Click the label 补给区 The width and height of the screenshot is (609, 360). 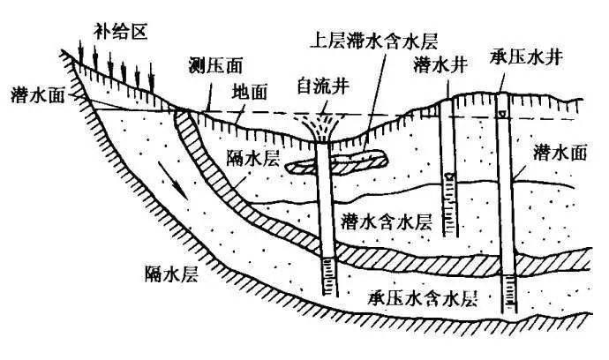click(x=122, y=33)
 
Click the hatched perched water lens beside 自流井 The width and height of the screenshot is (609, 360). click(x=340, y=163)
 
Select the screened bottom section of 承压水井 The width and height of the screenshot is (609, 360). click(x=507, y=291)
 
